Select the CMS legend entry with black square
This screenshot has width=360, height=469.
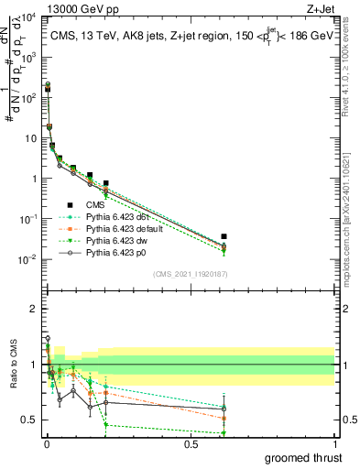pyautogui.click(x=102, y=204)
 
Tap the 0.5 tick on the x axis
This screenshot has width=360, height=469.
pyautogui.click(x=191, y=443)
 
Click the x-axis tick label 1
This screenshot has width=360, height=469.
pyautogui.click(x=334, y=443)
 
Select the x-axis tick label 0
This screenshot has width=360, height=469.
pyautogui.click(x=47, y=443)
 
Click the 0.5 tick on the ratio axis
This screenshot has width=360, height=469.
pyautogui.click(x=32, y=420)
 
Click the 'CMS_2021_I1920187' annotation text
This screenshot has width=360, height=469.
pyautogui.click(x=190, y=274)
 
